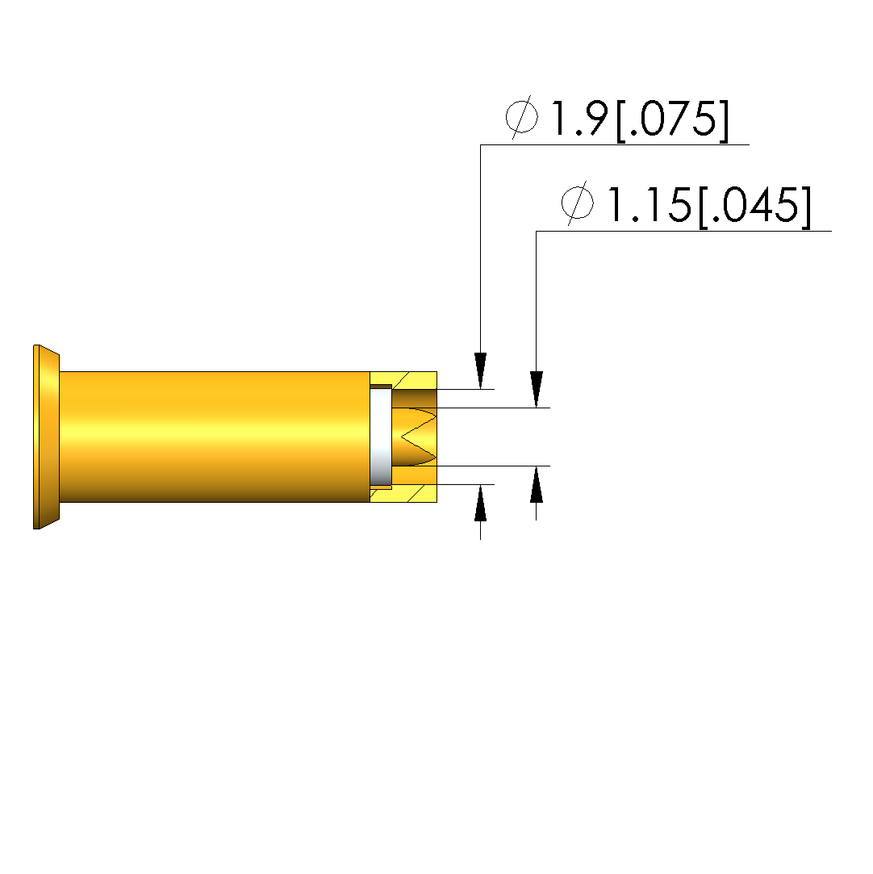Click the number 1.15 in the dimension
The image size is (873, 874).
click(x=649, y=204)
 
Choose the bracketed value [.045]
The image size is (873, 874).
click(x=755, y=207)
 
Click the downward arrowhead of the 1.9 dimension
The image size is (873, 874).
click(x=480, y=370)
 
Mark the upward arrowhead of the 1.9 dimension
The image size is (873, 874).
click(x=480, y=503)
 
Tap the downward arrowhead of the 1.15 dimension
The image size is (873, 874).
click(x=536, y=390)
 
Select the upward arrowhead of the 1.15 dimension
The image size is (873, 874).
click(x=536, y=484)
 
